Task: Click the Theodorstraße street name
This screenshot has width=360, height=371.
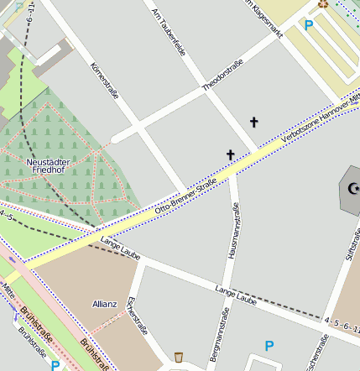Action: (x=222, y=75)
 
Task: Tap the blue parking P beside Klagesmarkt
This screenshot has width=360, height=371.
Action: (x=309, y=25)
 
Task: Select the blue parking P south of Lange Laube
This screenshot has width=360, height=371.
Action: (x=269, y=345)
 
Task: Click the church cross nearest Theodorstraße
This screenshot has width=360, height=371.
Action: (x=253, y=123)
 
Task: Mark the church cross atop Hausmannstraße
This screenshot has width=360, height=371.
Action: (x=231, y=154)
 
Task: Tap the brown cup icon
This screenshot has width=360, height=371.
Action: (x=179, y=358)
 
